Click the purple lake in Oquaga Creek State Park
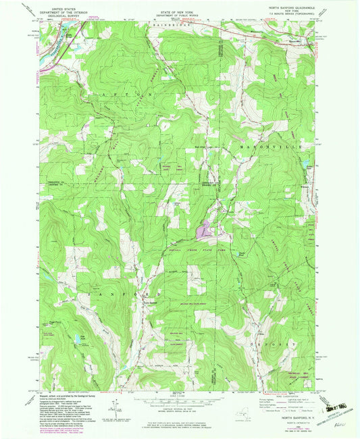[205, 232]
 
